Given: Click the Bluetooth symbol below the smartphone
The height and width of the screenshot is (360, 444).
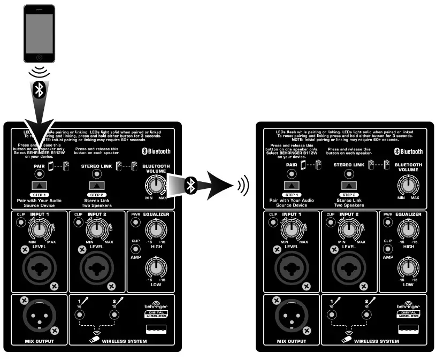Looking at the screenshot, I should pyautogui.click(x=39, y=90).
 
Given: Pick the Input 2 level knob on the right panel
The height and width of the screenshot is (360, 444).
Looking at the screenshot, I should pyautogui.click(x=349, y=230).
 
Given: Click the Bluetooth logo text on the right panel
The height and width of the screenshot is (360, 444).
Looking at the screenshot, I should pyautogui.click(x=409, y=151).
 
